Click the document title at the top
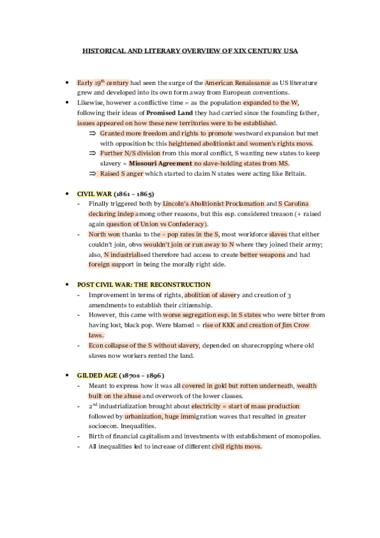click(190, 50)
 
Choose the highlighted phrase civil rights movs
click(236, 446)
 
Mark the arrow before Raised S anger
click(92, 173)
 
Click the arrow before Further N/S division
click(92, 153)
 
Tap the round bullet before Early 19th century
click(67, 82)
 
